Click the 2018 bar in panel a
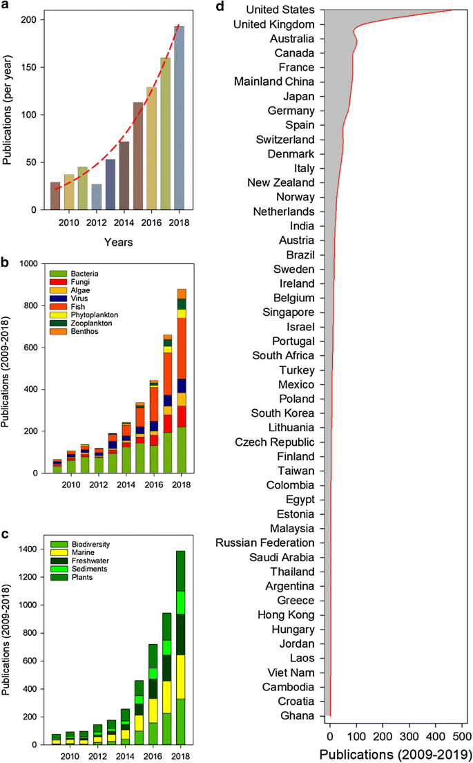(x=180, y=117)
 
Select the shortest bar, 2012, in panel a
(x=96, y=197)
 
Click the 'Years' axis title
(x=118, y=242)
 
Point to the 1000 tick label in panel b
(x=29, y=264)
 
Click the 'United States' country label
(x=280, y=10)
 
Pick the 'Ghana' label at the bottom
(x=298, y=716)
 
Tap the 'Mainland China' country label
(x=274, y=82)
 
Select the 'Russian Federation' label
(x=265, y=543)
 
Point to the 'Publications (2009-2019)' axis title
(x=395, y=754)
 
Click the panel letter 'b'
(x=5, y=263)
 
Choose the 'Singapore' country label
(x=288, y=312)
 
